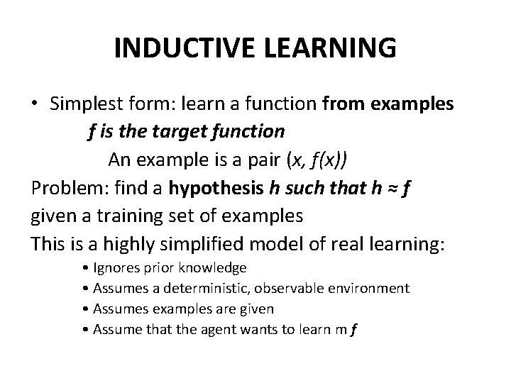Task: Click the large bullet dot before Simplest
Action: pos(35,104)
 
